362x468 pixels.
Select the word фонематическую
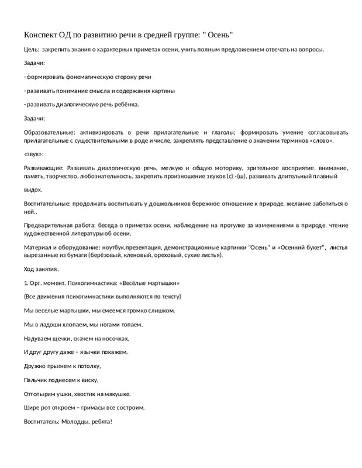tap(84, 77)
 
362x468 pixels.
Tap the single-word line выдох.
tap(33, 190)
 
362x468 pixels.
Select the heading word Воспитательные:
tap(47, 203)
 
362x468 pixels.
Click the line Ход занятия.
tap(41, 269)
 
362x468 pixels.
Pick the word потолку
tap(87, 366)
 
